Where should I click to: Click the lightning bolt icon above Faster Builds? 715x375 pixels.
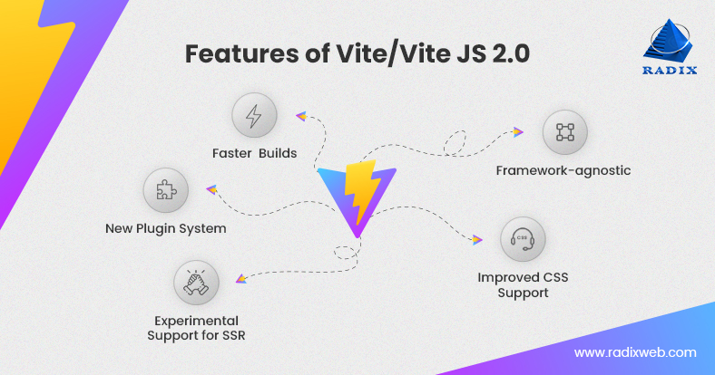[253, 117]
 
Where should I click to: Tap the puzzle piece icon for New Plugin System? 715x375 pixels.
[165, 191]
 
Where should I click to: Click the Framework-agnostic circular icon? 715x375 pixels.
[564, 132]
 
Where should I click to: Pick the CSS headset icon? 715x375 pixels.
[522, 238]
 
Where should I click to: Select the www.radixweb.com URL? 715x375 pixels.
[635, 351]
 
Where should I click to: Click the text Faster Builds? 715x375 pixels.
[254, 152]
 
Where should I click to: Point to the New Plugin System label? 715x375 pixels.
[165, 228]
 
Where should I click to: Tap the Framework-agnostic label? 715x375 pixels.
[563, 169]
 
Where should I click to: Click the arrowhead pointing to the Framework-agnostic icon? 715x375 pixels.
[517, 131]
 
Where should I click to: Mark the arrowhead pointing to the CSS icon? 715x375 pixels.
[475, 239]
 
